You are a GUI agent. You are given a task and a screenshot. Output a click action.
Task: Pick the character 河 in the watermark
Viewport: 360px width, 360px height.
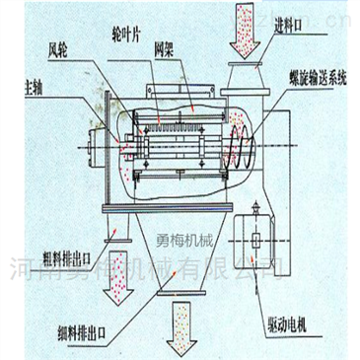pos(19,264)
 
